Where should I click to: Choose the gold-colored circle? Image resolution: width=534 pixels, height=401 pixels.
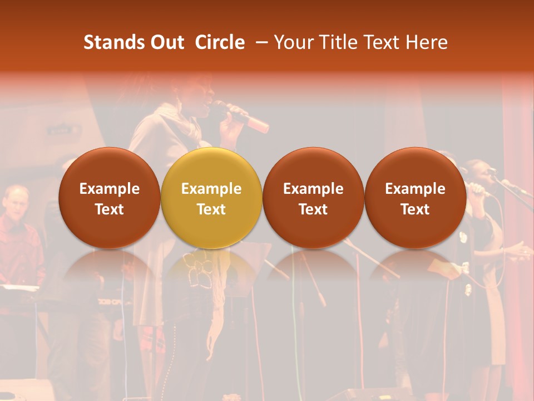pos(211,198)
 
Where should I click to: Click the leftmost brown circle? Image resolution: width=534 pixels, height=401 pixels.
pos(110,198)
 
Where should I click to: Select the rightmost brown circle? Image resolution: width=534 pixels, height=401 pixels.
pos(415,198)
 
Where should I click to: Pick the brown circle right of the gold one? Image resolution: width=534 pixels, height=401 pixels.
pos(313,198)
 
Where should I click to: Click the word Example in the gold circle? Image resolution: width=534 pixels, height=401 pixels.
pos(211,189)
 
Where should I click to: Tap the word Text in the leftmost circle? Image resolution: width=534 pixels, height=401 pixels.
pos(110,209)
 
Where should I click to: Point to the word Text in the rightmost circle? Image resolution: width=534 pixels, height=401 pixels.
pos(415,209)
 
